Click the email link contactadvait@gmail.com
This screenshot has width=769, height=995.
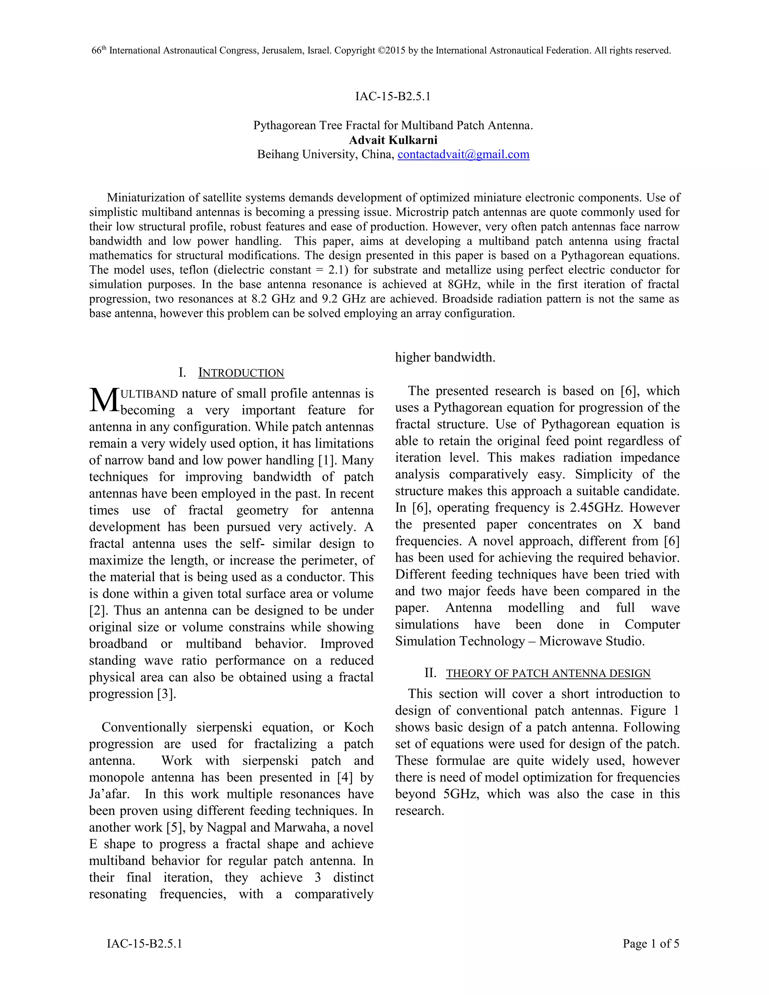(463, 154)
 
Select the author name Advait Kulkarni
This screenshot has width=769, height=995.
(393, 140)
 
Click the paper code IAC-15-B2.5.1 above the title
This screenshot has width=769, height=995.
(393, 96)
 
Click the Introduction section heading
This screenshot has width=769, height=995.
(241, 373)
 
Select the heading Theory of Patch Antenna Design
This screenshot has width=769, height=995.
(548, 673)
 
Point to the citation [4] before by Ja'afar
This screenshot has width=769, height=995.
(345, 777)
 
